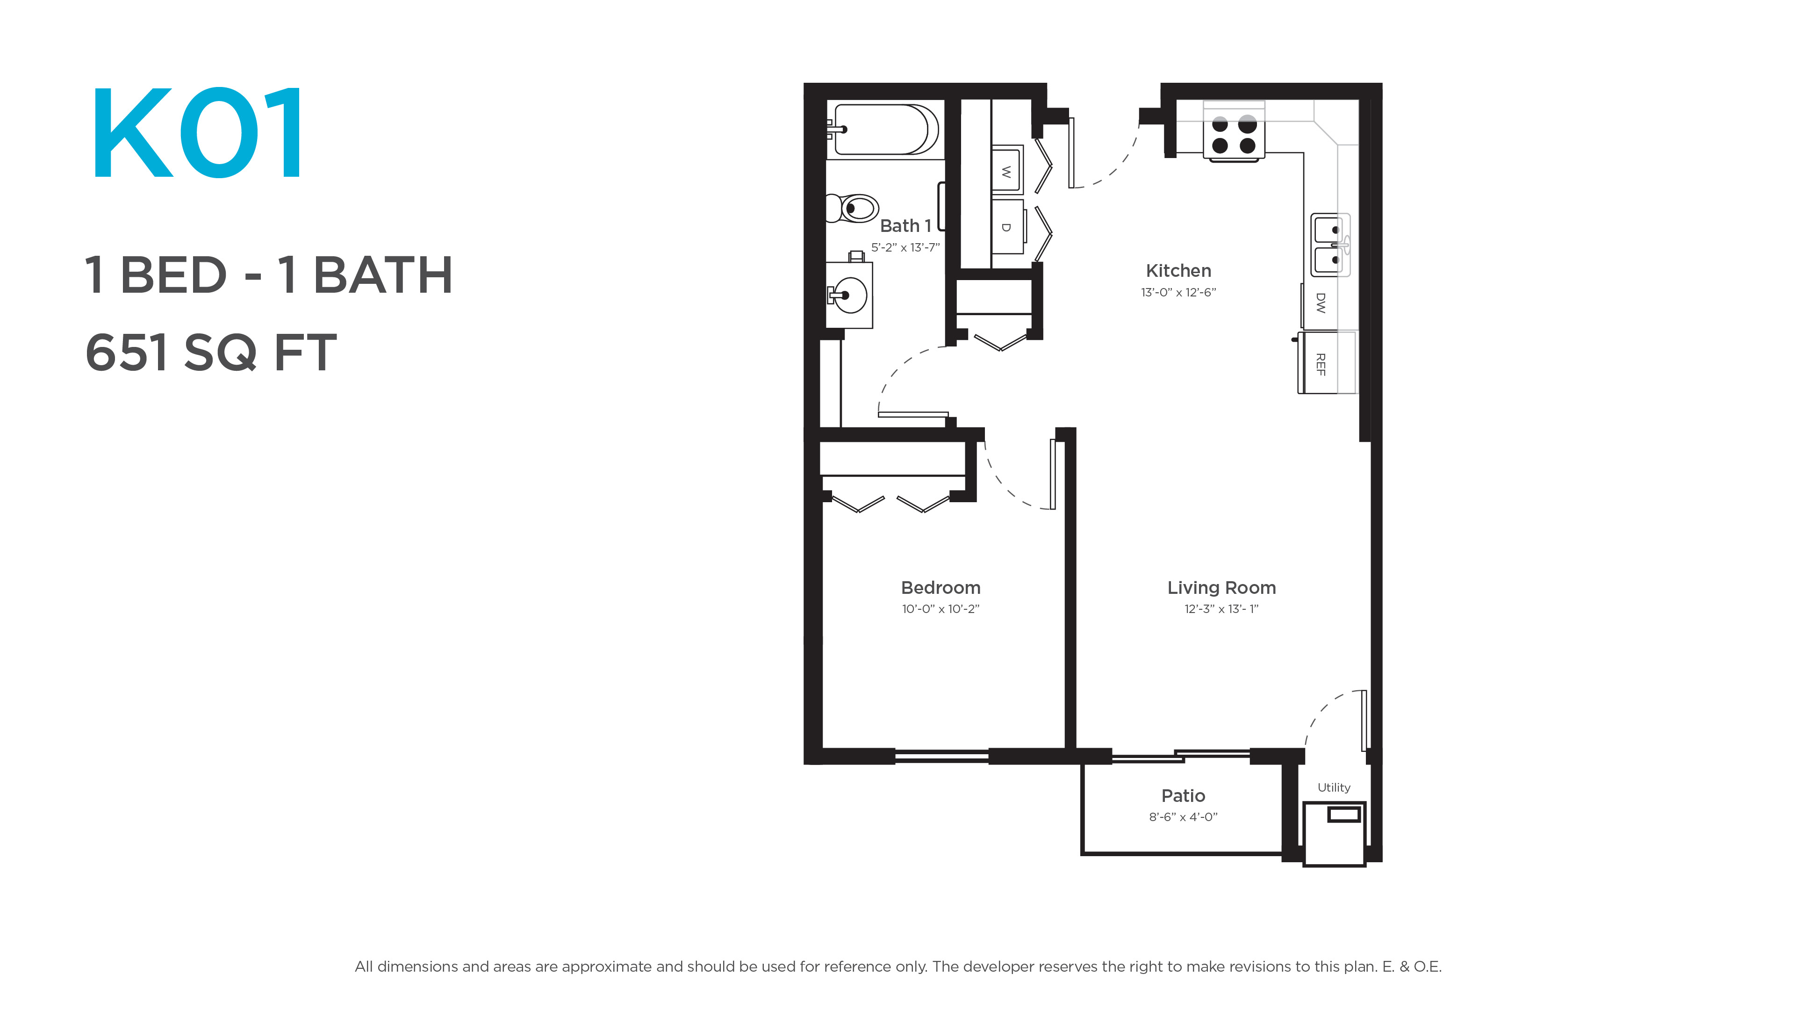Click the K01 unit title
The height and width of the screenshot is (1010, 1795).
click(x=197, y=132)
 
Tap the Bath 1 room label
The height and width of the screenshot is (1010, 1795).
click(x=905, y=226)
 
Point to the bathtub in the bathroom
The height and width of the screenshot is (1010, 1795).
click(x=882, y=130)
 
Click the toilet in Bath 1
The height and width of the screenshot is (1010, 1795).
click(x=852, y=208)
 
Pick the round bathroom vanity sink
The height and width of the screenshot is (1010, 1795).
click(x=849, y=296)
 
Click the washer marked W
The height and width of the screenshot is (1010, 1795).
click(x=1006, y=169)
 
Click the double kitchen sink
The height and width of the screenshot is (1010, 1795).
click(x=1330, y=245)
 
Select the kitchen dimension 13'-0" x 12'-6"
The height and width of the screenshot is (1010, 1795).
click(x=1178, y=292)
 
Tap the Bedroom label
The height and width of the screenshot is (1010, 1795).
click(x=941, y=588)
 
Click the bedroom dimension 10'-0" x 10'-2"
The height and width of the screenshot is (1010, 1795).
click(x=941, y=608)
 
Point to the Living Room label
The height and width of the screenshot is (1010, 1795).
click(x=1221, y=588)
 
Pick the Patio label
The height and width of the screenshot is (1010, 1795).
click(x=1183, y=795)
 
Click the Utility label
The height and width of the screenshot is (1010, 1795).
click(x=1334, y=787)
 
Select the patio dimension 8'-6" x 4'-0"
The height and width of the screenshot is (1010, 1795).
click(x=1183, y=817)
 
